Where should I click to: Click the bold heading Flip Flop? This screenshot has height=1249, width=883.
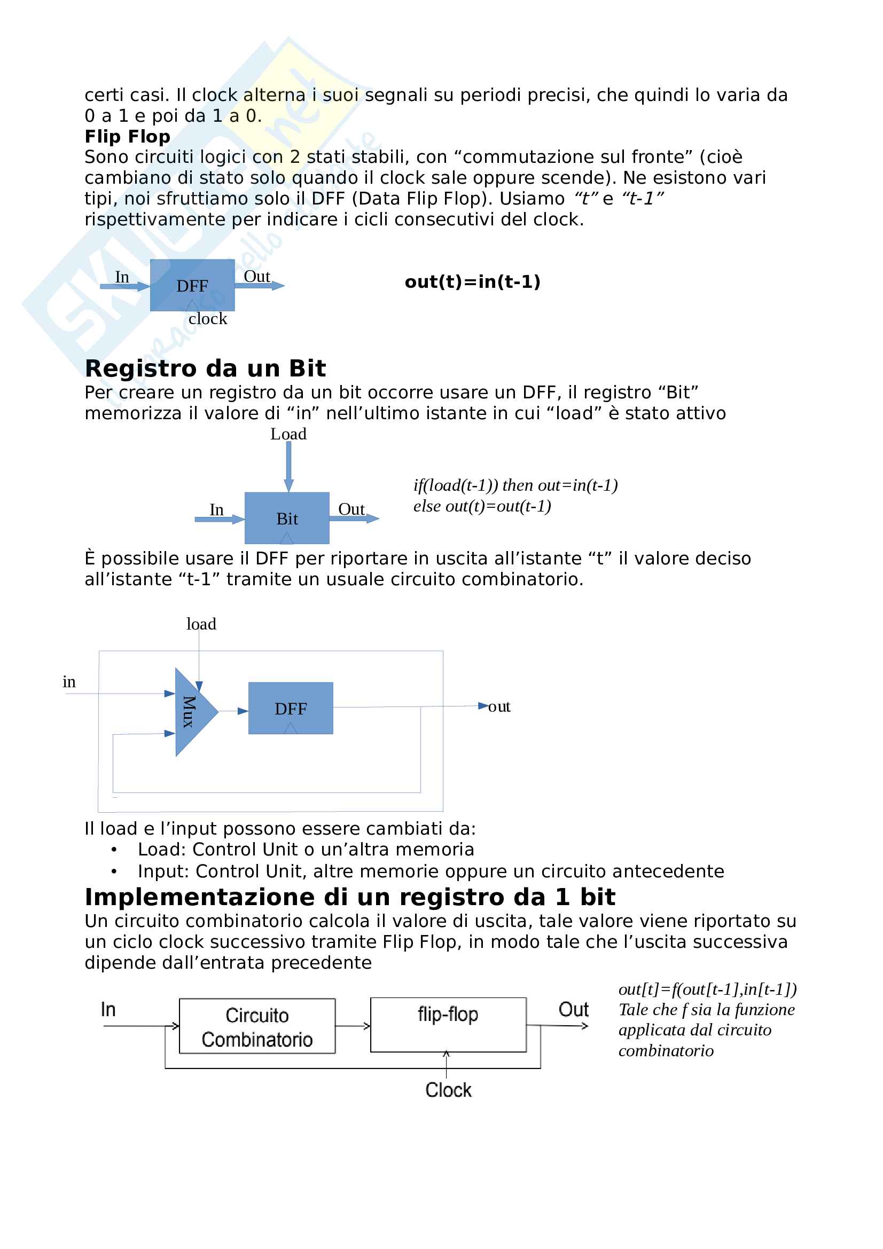coord(127,137)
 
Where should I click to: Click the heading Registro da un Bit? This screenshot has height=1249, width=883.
coord(205,368)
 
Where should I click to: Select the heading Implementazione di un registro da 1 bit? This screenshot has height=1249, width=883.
coord(350,897)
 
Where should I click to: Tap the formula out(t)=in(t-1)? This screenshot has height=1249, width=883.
coord(472,282)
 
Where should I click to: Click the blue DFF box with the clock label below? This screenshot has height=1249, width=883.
coord(192,285)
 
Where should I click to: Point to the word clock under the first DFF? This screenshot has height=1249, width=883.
coord(208,319)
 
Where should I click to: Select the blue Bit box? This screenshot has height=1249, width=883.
coord(287,518)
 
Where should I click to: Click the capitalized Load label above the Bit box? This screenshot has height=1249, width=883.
coord(288,434)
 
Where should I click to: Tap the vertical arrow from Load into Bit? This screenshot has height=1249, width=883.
coord(288,466)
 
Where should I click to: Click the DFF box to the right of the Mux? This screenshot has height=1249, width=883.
coord(291,708)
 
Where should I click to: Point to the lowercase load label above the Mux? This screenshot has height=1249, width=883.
coord(201,624)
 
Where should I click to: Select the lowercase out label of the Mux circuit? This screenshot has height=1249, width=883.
coord(499,706)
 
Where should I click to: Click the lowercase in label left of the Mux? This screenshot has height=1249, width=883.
coord(69,681)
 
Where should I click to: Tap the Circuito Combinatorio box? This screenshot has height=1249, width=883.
coord(257,1026)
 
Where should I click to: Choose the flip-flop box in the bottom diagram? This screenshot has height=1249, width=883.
coord(448,1025)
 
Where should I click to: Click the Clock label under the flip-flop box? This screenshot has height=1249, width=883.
coord(448,1090)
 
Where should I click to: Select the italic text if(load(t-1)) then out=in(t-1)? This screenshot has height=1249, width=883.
coord(515,485)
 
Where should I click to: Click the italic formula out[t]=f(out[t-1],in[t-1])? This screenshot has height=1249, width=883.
coord(707,989)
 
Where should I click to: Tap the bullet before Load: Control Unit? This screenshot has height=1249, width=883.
coord(114,850)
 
